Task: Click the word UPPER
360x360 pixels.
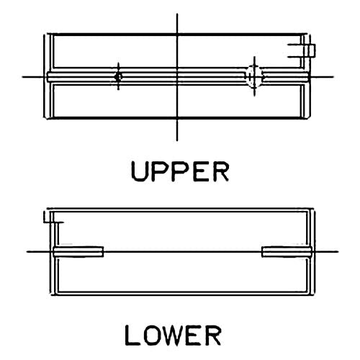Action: pyautogui.click(x=180, y=171)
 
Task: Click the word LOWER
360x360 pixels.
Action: pyautogui.click(x=173, y=336)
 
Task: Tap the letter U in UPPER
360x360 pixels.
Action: pyautogui.click(x=139, y=171)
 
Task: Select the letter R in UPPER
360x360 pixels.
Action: pyautogui.click(x=221, y=171)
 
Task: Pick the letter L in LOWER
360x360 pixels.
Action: pyautogui.click(x=132, y=336)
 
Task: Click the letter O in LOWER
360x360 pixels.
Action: pyautogui.click(x=150, y=336)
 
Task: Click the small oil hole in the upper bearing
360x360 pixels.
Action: pyautogui.click(x=118, y=77)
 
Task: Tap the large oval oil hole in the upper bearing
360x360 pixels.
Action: pyautogui.click(x=254, y=76)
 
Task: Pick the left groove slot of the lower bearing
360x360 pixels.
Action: pyautogui.click(x=78, y=252)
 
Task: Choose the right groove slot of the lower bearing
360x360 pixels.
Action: pyautogui.click(x=287, y=252)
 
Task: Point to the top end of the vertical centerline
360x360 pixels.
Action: pyautogui.click(x=177, y=14)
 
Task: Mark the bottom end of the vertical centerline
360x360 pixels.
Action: pyautogui.click(x=177, y=141)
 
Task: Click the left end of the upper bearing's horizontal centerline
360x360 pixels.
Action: pyautogui.click(x=22, y=77)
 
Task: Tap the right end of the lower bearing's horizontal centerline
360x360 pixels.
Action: pyautogui.click(x=338, y=252)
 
